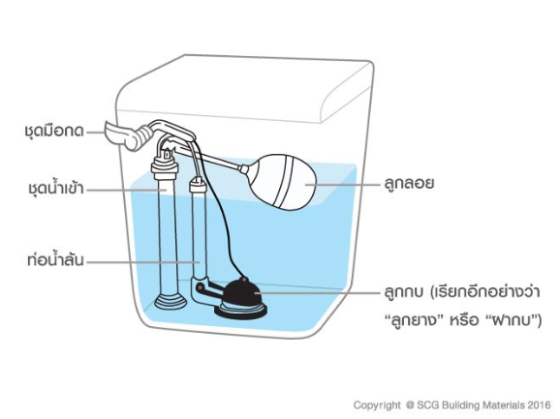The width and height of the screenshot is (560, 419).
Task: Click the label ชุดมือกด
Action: [54, 131]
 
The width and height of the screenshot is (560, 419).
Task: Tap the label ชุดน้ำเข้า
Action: [56, 188]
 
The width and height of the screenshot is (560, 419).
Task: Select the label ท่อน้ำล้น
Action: [56, 259]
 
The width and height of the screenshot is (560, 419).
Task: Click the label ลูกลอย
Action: [409, 183]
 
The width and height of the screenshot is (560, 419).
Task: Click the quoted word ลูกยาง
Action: [415, 320]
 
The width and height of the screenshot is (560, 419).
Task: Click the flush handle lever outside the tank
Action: [120, 135]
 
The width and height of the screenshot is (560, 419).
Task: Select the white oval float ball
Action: [283, 182]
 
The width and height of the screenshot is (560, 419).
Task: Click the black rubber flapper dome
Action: [242, 293]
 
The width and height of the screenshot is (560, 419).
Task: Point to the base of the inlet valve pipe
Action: [171, 302]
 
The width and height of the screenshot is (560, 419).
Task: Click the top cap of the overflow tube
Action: [198, 185]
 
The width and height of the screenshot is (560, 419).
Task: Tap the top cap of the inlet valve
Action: [165, 165]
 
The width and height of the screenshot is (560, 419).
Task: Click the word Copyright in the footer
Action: [377, 405]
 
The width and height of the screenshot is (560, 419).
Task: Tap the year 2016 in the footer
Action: [540, 405]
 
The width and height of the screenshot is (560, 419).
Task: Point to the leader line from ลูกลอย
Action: [343, 185]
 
